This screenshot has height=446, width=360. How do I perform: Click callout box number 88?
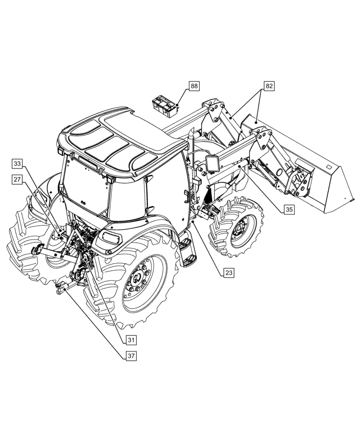coord(194,87)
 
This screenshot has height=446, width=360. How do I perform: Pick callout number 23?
coord(229,272)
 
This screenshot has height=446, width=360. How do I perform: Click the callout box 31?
coord(130,340)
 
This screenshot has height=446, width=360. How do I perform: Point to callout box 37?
coord(130,356)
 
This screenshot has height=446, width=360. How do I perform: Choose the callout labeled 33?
coord(17,164)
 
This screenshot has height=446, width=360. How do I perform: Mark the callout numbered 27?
coord(17,179)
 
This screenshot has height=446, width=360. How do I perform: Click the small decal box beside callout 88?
coord(165,106)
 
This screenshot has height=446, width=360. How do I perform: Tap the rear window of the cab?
coord(86,187)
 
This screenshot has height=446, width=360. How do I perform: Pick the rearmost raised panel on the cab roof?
coord(86,130)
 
